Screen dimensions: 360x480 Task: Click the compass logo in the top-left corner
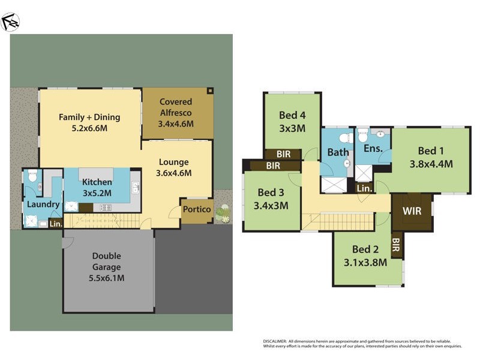click(x=11, y=22)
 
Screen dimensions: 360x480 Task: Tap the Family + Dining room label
click(x=89, y=117)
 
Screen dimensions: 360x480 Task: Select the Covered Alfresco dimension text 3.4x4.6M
click(x=177, y=124)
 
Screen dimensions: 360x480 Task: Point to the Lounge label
click(x=173, y=162)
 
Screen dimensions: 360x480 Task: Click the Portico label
click(x=197, y=209)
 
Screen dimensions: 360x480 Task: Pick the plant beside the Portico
click(x=223, y=212)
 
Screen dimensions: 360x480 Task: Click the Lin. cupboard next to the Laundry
click(x=56, y=224)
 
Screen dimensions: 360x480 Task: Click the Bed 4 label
click(x=292, y=115)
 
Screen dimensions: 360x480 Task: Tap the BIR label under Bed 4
click(x=284, y=154)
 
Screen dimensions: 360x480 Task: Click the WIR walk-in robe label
click(x=412, y=212)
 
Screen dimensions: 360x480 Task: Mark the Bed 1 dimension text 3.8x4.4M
click(x=431, y=163)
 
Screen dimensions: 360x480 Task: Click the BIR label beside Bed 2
click(x=396, y=244)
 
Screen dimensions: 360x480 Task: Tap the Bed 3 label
click(x=271, y=193)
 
